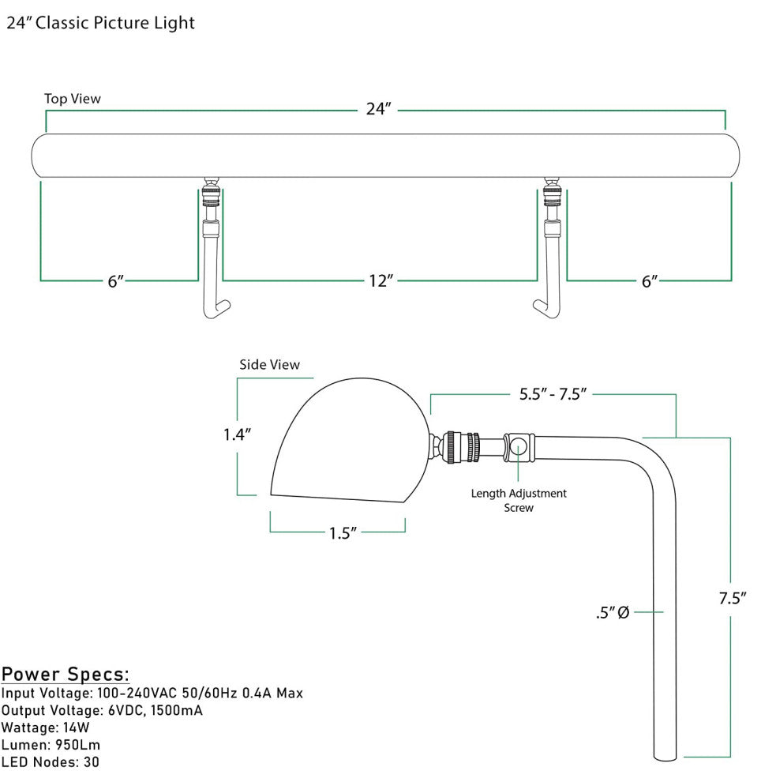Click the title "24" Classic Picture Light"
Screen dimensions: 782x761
100,23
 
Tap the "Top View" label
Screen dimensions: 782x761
72,99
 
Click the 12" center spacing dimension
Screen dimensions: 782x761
380,280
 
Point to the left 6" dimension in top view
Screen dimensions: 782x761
116,281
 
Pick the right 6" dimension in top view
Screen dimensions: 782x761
649,281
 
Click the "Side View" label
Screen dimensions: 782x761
270,364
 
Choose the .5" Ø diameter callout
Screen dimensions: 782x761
613,612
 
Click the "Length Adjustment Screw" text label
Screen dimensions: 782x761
519,500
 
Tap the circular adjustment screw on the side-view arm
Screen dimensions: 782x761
519,446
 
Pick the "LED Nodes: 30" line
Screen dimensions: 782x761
51,762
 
